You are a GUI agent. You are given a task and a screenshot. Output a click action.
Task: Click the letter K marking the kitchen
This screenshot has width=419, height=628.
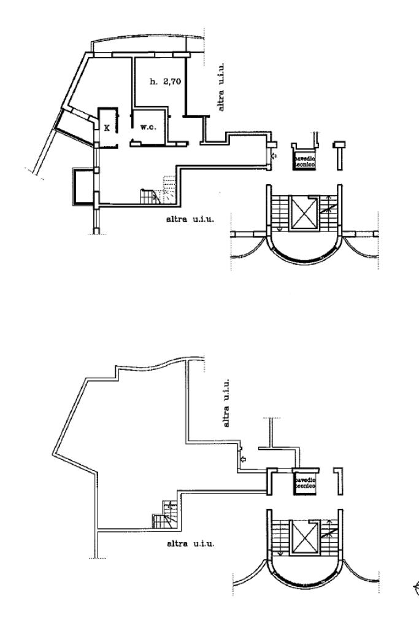pos(107,128)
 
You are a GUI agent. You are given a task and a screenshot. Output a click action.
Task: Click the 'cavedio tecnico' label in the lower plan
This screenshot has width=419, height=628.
pos(304,483)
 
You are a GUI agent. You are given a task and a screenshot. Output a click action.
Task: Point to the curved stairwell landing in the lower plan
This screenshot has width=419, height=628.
pos(304,570)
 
